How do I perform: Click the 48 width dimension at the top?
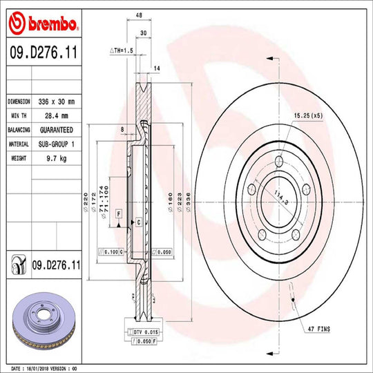[x=139, y=14]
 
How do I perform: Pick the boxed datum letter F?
[x=119, y=215]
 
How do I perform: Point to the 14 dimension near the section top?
[x=157, y=68]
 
